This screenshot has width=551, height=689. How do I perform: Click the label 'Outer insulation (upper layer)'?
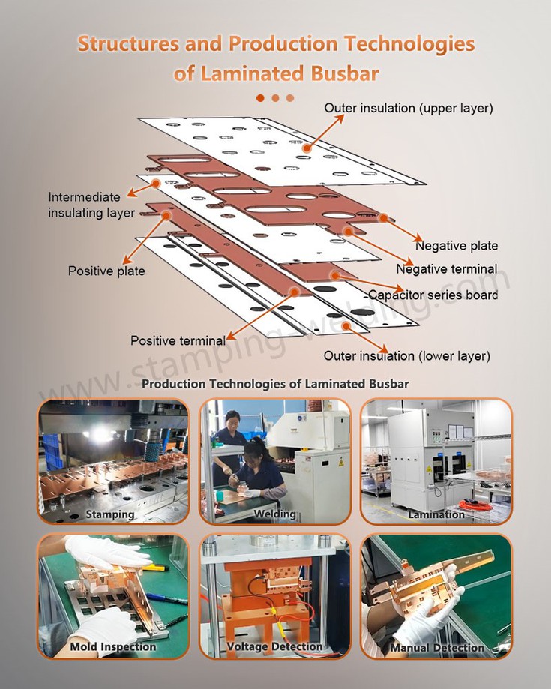(408, 109)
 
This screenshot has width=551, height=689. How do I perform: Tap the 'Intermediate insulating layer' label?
(91, 205)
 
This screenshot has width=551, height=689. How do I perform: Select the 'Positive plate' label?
(106, 270)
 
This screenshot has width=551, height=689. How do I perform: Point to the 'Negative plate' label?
(457, 246)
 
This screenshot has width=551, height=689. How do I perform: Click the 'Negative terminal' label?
(446, 269)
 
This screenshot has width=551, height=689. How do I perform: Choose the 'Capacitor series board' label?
(433, 295)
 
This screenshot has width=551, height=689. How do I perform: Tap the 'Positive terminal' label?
(178, 340)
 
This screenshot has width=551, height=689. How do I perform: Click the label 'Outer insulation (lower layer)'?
(406, 355)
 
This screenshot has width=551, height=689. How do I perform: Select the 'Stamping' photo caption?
(110, 514)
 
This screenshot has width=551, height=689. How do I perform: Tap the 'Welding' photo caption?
(274, 514)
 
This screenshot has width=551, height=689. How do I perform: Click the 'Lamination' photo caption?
(436, 514)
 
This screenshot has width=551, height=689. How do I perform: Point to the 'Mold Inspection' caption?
(113, 646)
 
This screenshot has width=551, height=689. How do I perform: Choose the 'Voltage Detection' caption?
(274, 646)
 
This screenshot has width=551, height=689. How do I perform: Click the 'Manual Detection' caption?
(437, 647)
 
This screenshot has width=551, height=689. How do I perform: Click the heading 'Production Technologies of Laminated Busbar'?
(275, 384)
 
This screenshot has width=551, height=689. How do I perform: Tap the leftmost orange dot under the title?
(260, 97)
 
